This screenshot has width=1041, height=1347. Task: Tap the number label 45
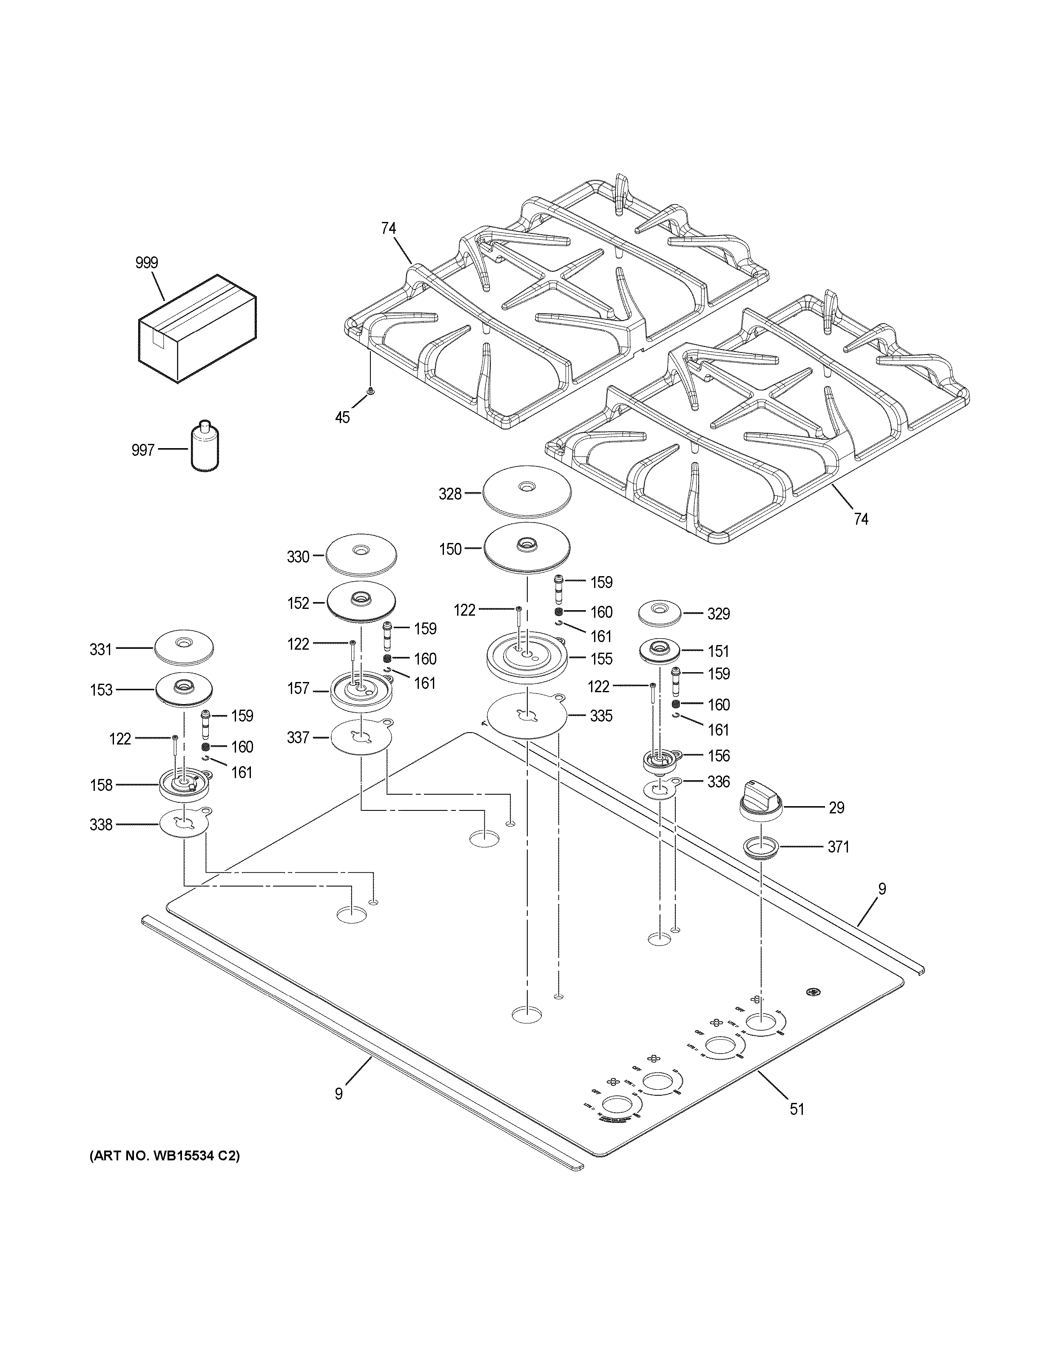(342, 418)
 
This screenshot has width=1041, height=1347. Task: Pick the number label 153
(101, 690)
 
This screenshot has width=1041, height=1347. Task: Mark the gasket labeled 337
(361, 736)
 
